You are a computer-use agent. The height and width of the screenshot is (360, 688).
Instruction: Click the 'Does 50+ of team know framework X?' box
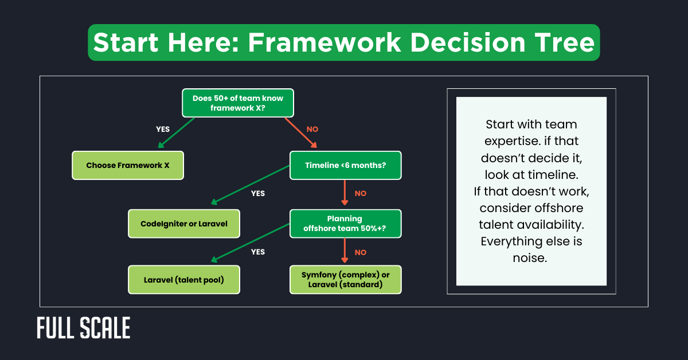238,103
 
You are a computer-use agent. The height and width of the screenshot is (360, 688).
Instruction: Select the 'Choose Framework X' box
128,165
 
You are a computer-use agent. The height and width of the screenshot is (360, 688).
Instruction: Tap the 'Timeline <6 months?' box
345,165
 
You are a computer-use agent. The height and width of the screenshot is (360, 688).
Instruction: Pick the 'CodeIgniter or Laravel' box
183,224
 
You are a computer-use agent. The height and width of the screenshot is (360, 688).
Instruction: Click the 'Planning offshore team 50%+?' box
345,224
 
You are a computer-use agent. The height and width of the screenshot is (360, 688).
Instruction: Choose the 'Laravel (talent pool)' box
183,280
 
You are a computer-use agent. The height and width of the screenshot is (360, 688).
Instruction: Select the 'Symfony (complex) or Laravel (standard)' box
345,280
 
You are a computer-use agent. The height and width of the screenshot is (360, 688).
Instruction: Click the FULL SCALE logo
84,328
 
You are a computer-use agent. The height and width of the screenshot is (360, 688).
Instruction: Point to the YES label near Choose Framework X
163,130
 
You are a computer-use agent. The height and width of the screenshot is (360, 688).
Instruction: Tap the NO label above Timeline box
312,130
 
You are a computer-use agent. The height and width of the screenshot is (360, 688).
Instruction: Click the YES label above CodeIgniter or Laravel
258,193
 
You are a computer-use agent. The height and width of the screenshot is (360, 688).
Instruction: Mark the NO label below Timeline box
360,194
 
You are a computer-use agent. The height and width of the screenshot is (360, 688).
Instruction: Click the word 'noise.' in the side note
530,258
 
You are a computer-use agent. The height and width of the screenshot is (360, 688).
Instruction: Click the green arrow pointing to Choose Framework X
176,133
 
